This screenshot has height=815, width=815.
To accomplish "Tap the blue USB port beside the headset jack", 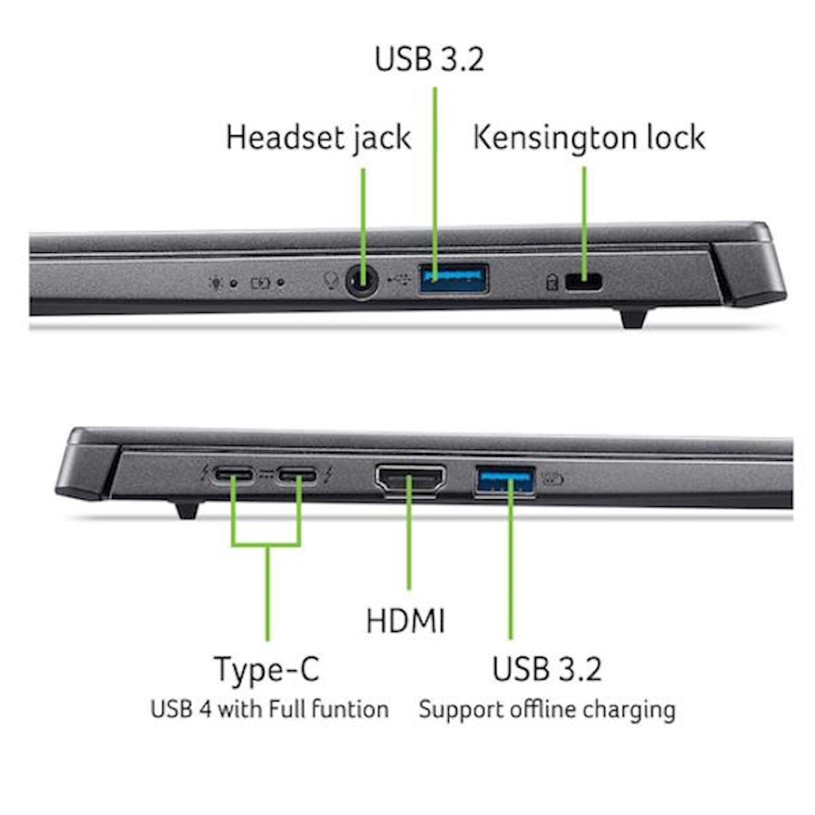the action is coord(453,279).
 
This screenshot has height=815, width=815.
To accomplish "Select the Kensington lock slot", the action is coord(583,283).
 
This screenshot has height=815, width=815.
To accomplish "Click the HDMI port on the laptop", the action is coord(410,479).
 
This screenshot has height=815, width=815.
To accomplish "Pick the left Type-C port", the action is coord(234,475).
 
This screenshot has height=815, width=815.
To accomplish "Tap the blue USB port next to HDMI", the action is coord(505,481).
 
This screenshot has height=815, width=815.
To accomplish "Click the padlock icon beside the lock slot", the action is coord(552,283).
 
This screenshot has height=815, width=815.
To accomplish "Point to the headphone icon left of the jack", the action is coord(330,280).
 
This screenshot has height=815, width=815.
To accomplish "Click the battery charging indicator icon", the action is coord(260,283).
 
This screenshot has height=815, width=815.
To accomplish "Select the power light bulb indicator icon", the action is coord(216,283).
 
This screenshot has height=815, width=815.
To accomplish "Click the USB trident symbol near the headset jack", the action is coord(400,279).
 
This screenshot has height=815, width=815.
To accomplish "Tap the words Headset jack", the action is coord(318,138).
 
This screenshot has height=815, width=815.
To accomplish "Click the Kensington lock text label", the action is coord(589,138).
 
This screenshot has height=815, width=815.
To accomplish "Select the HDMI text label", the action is coord(405,621).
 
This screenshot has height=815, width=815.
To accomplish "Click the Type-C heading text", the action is coord(267,669).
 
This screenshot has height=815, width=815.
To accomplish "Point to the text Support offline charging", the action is coord(548,710).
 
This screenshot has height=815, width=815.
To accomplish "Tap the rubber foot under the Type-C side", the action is coord(187,509).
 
